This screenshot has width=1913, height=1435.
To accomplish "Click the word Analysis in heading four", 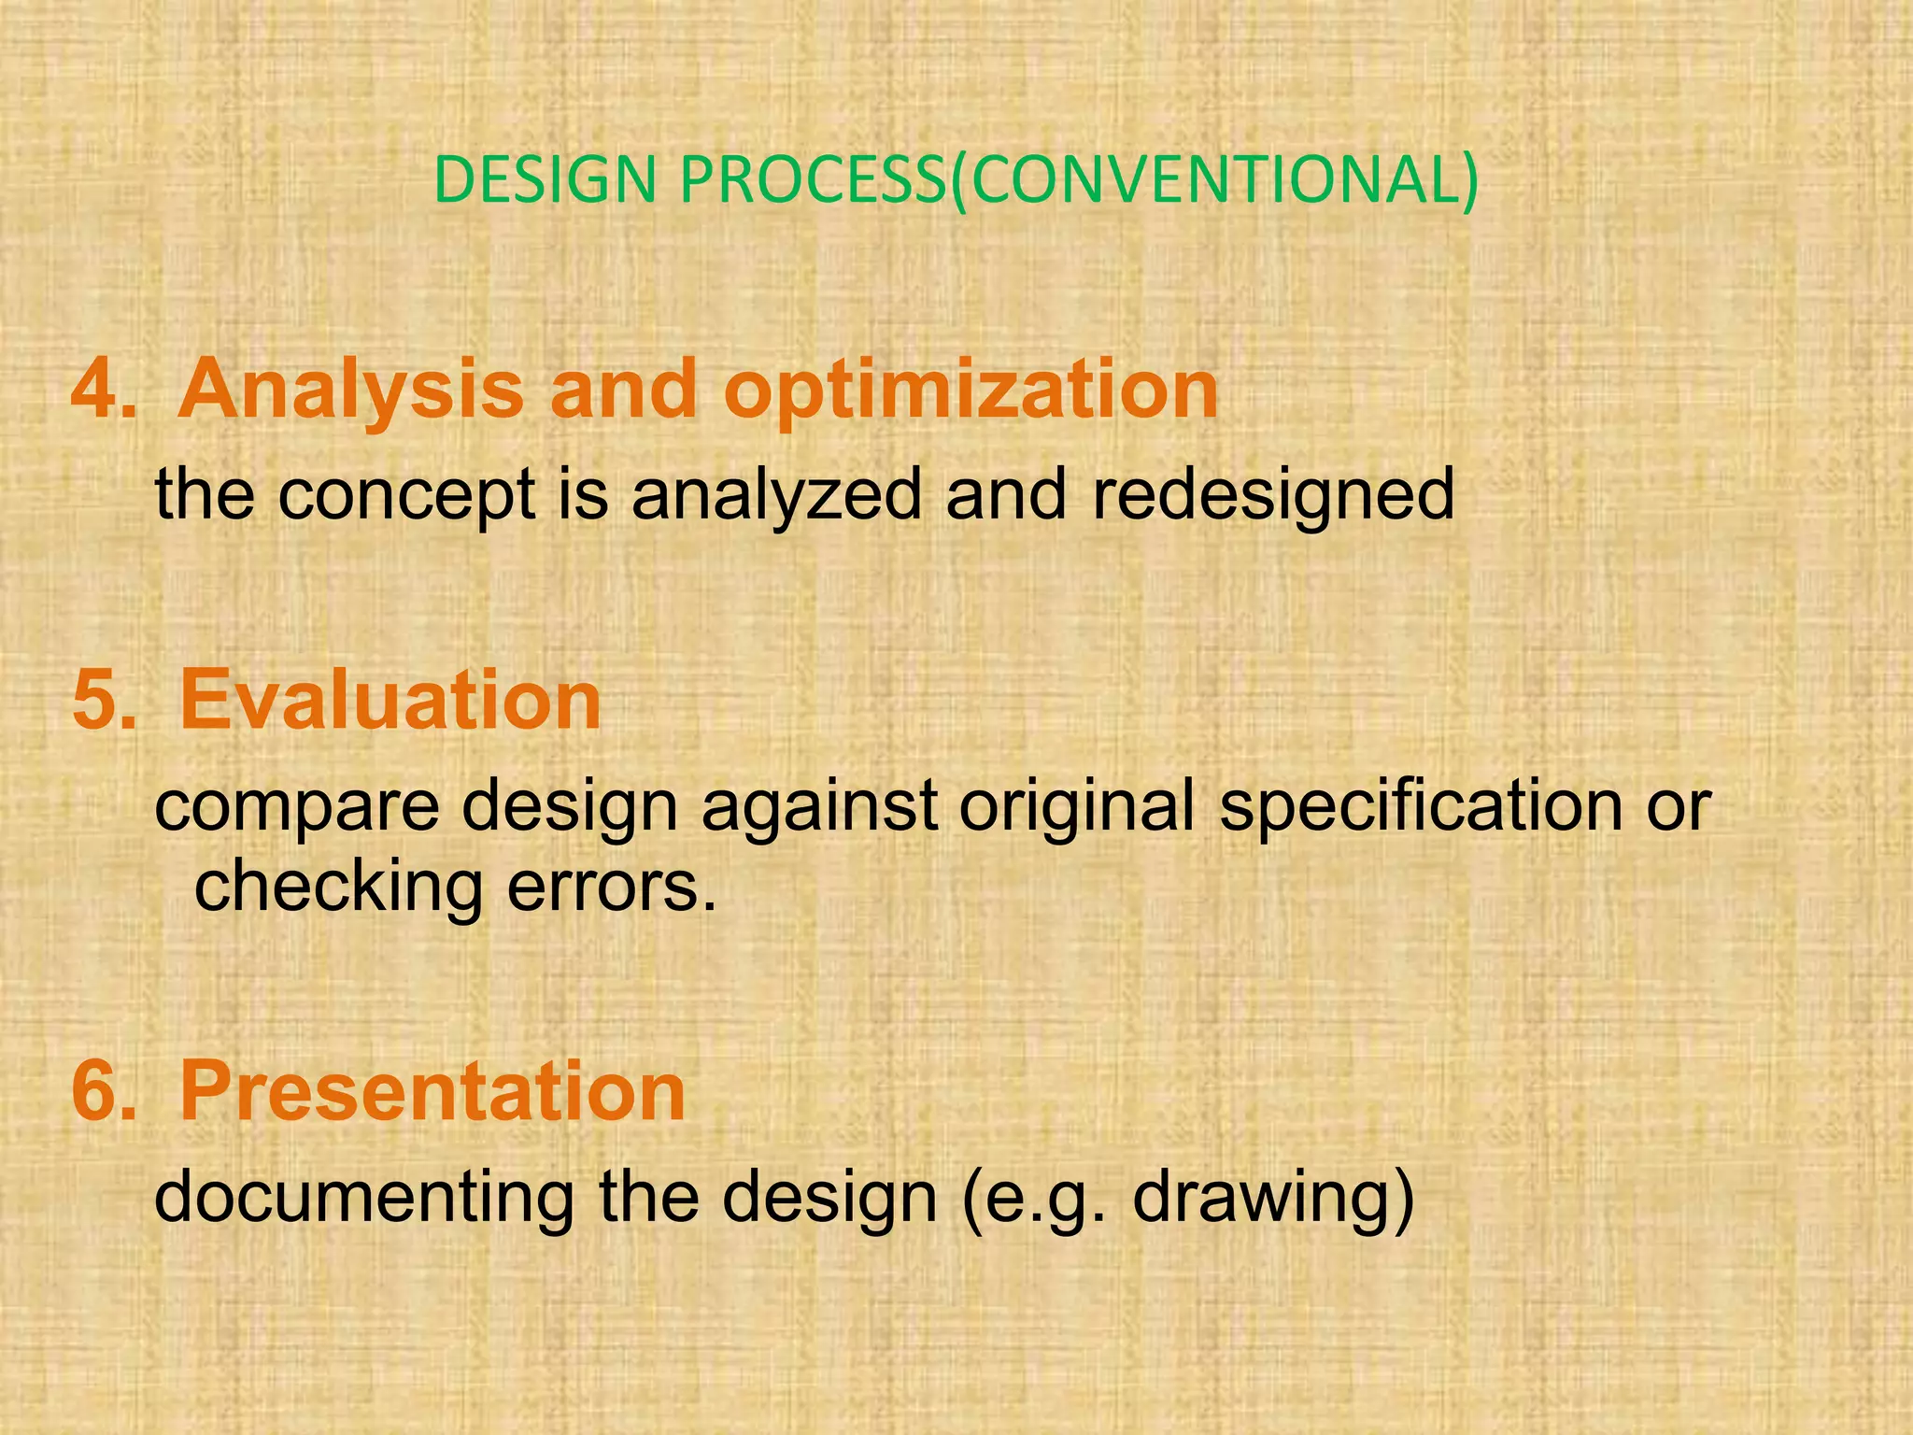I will click(x=350, y=391).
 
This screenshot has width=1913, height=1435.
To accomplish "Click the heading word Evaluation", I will click(x=390, y=702).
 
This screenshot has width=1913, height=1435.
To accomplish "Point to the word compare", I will click(x=296, y=809).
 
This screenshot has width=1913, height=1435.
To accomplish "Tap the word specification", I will click(x=1421, y=809).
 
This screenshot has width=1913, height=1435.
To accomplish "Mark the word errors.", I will click(x=612, y=888).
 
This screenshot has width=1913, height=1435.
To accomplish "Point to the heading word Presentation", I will click(x=432, y=1092).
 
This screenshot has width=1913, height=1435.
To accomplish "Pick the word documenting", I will click(x=364, y=1199).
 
